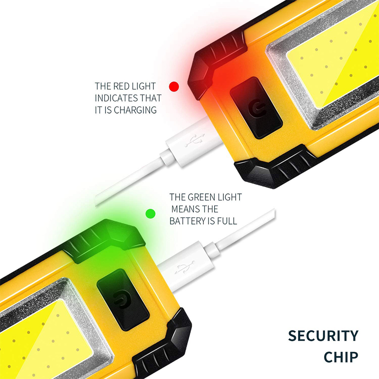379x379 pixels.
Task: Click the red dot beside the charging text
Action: click(174, 86)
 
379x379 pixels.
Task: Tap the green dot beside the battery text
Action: click(150, 213)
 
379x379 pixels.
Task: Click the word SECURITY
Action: click(323, 336)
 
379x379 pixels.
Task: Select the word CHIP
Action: click(341, 357)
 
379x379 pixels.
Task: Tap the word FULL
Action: click(227, 221)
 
